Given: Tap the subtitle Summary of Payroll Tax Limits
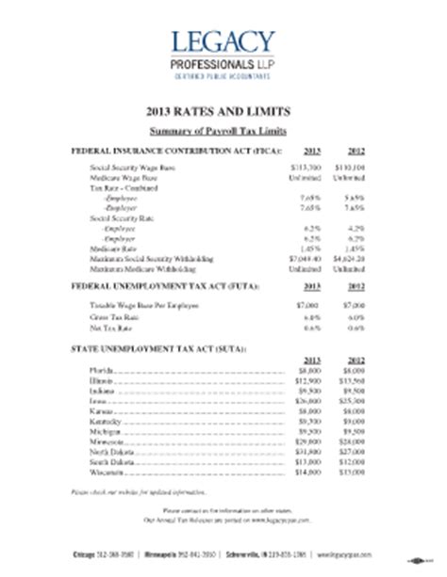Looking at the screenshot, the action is pyautogui.click(x=223, y=128).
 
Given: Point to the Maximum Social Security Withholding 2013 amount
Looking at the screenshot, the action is pyautogui.click(x=307, y=257).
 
